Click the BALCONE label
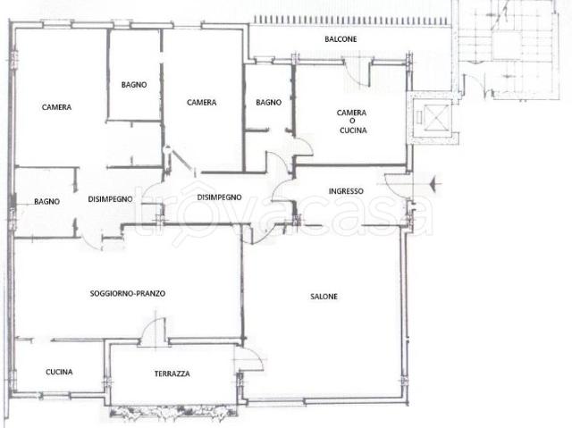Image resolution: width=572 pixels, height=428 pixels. pyautogui.click(x=341, y=39)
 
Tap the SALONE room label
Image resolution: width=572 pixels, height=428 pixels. pyautogui.click(x=324, y=297)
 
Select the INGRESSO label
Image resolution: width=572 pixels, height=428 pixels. pyautogui.click(x=346, y=191)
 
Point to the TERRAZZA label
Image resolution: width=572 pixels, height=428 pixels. pyautogui.click(x=172, y=373)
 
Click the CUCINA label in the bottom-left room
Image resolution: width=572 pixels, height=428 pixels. pyautogui.click(x=59, y=372)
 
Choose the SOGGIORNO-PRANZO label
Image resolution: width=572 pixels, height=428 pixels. pyautogui.click(x=127, y=293)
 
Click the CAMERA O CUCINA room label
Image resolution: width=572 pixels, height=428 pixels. pyautogui.click(x=352, y=122)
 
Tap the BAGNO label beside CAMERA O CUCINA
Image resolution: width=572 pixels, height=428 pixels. pyautogui.click(x=268, y=103)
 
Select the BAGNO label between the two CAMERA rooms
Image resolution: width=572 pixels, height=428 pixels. pyautogui.click(x=134, y=85)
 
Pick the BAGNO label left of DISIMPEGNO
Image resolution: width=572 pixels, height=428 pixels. pyautogui.click(x=46, y=201)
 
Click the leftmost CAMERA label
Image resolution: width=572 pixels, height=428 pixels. pyautogui.click(x=56, y=107)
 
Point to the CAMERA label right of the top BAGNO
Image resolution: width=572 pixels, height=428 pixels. pyautogui.click(x=201, y=103)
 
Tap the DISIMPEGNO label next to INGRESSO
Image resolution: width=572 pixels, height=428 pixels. pyautogui.click(x=219, y=197)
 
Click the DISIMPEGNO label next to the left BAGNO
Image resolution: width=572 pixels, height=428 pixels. pyautogui.click(x=110, y=199)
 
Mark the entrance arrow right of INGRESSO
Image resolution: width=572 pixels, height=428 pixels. pyautogui.click(x=435, y=182)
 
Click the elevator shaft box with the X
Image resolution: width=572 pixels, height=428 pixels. pyautogui.click(x=437, y=117)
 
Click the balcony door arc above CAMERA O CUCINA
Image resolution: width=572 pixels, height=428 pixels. pyautogui.click(x=355, y=75)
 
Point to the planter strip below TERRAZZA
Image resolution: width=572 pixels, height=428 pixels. pyautogui.click(x=173, y=411)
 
